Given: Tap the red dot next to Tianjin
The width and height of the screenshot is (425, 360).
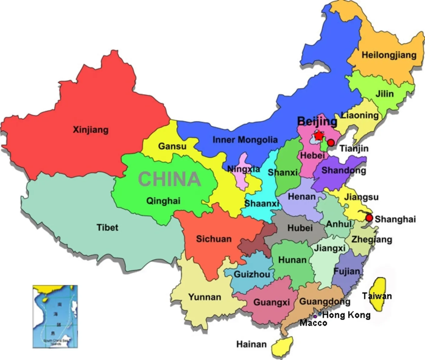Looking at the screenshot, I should (330, 143).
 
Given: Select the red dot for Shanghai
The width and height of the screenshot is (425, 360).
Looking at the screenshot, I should (369, 218).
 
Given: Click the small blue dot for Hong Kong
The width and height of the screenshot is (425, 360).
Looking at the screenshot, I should (320, 313).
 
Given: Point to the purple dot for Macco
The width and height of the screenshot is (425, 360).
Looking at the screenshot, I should (315, 317).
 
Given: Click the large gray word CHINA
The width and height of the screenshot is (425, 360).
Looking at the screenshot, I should (169, 179).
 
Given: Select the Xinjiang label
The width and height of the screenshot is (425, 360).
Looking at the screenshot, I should (90, 130).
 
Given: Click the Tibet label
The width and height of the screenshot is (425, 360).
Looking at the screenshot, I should (107, 227).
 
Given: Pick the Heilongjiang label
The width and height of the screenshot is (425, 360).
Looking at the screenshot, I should (389, 55).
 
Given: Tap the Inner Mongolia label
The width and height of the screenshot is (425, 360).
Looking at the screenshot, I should (245, 140).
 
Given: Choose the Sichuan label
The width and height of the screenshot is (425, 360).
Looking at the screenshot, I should (213, 239).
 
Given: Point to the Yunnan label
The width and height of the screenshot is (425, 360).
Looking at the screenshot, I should (205, 297).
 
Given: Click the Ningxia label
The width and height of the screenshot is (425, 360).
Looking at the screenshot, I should (244, 169).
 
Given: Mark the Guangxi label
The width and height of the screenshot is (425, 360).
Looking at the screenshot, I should (272, 302).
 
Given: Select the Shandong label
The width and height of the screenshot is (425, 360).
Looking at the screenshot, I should (343, 170).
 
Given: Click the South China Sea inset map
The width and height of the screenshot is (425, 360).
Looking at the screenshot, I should (55, 316).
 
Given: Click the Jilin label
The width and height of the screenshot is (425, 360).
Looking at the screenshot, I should (384, 94).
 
